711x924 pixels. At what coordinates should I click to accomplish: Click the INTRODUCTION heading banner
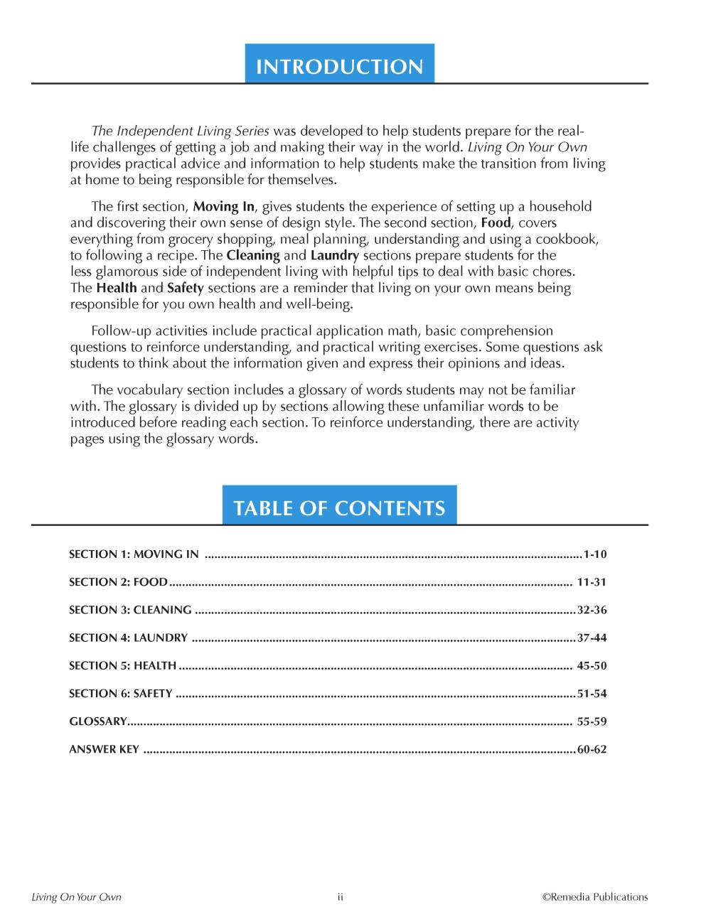coord(339,65)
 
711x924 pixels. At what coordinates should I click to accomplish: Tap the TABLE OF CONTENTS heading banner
coord(339,507)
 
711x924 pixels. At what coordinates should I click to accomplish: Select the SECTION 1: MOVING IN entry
coord(134,554)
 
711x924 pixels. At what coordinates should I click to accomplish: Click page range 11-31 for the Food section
coord(592,582)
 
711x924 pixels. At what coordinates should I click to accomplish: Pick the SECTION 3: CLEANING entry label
coord(130,610)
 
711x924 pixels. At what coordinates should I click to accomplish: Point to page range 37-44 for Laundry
coord(592,638)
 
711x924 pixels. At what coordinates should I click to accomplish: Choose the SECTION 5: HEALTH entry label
coord(122,666)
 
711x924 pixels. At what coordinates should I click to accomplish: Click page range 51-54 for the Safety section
coord(592,694)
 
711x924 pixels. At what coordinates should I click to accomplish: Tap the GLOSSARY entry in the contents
coord(97,721)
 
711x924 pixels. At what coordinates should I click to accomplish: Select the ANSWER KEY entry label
coord(104,749)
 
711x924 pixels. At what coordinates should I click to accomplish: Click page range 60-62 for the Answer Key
coord(592,749)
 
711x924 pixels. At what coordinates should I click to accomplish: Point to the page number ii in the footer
coord(341,897)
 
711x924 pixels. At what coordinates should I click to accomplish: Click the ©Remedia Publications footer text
coord(595,897)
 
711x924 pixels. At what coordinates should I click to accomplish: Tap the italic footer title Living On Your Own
coord(76,897)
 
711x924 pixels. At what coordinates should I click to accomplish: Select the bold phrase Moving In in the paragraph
coord(223,207)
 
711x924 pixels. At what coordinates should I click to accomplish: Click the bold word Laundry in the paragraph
coord(334,255)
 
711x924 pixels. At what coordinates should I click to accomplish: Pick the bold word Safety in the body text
coord(185,288)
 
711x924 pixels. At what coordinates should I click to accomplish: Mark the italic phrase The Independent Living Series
coord(180,131)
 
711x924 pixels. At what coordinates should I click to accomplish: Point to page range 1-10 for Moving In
coord(595,554)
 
